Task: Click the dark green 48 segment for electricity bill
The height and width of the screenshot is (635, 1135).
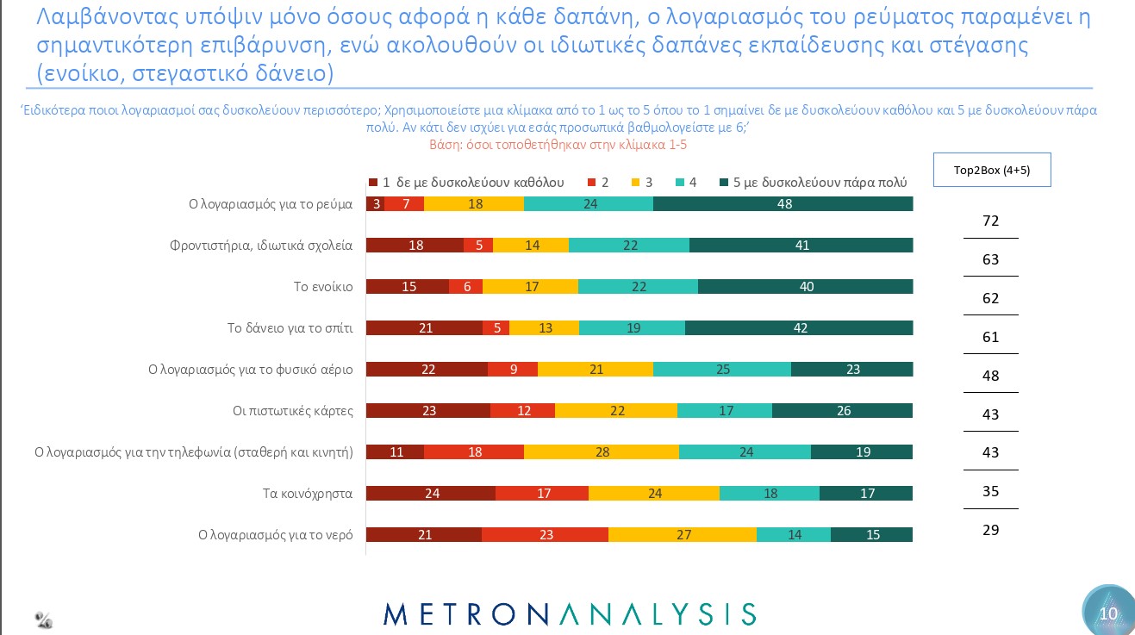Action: pyautogui.click(x=783, y=204)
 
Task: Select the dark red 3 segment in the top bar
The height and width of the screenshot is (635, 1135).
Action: pyautogui.click(x=375, y=204)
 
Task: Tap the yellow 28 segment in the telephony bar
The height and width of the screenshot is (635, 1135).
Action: pyautogui.click(x=601, y=452)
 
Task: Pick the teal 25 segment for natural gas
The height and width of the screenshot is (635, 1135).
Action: pyautogui.click(x=722, y=370)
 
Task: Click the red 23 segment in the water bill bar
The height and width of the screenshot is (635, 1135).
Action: pyautogui.click(x=545, y=535)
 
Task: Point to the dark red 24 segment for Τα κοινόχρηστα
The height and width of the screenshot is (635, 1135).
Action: pyautogui.click(x=431, y=494)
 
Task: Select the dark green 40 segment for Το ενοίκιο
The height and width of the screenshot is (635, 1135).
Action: pyautogui.click(x=805, y=287)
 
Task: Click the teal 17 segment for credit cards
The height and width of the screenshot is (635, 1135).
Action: pyautogui.click(x=725, y=411)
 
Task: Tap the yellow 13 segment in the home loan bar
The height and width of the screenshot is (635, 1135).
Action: pyautogui.click(x=544, y=328)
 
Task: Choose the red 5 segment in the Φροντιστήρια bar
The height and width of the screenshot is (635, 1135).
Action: pyautogui.click(x=478, y=246)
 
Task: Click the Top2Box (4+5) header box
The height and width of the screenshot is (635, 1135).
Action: pyautogui.click(x=991, y=170)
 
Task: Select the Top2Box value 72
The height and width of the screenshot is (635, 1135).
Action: pyautogui.click(x=990, y=221)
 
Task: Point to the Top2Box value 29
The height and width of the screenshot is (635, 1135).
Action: pyautogui.click(x=990, y=530)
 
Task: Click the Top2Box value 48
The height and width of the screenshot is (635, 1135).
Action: pyautogui.click(x=990, y=376)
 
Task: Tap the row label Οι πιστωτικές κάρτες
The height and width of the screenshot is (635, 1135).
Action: pyautogui.click(x=293, y=411)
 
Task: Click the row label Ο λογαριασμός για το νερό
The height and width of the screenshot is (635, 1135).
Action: pyautogui.click(x=275, y=535)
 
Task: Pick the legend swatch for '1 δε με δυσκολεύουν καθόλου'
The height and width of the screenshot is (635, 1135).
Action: pyautogui.click(x=372, y=182)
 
